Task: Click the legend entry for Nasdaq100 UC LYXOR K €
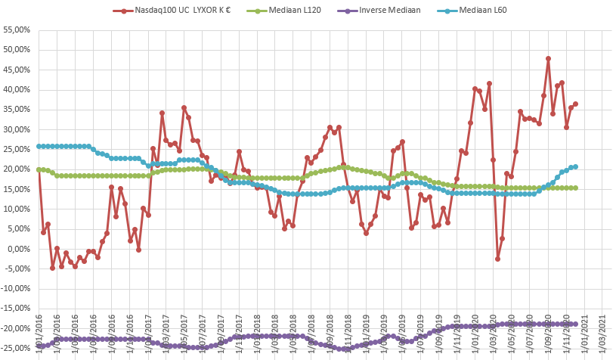tap(181, 11)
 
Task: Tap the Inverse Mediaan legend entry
tap(389, 11)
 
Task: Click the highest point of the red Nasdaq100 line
tap(548, 58)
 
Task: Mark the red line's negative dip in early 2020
tap(497, 259)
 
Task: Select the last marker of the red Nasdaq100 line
tap(575, 104)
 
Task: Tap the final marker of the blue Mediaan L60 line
tap(575, 166)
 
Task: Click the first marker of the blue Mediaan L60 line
tap(39, 146)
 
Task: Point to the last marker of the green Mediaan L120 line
tap(575, 188)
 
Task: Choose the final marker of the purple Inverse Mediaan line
tap(575, 324)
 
